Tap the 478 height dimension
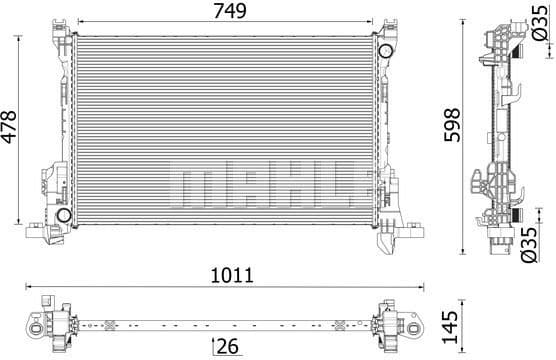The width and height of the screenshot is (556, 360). point(10,128)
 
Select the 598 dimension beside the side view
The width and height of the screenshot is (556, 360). point(452,128)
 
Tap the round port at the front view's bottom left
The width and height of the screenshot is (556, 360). point(63,216)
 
